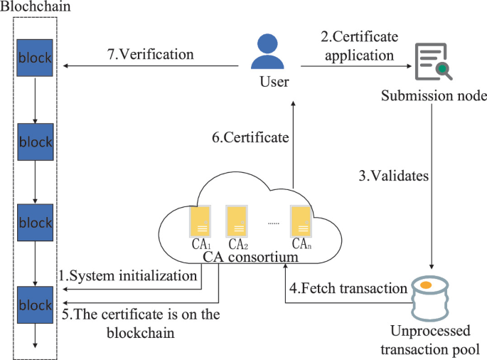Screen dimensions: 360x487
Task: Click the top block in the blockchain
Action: tap(36, 57)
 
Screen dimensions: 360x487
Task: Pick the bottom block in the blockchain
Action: tap(36, 305)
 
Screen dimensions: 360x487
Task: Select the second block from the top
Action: tap(36, 141)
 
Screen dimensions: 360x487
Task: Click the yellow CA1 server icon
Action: tap(199, 221)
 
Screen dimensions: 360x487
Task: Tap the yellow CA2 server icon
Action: tap(236, 221)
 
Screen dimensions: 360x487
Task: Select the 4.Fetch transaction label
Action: tap(348, 289)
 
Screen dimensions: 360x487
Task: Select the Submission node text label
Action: tap(434, 96)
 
